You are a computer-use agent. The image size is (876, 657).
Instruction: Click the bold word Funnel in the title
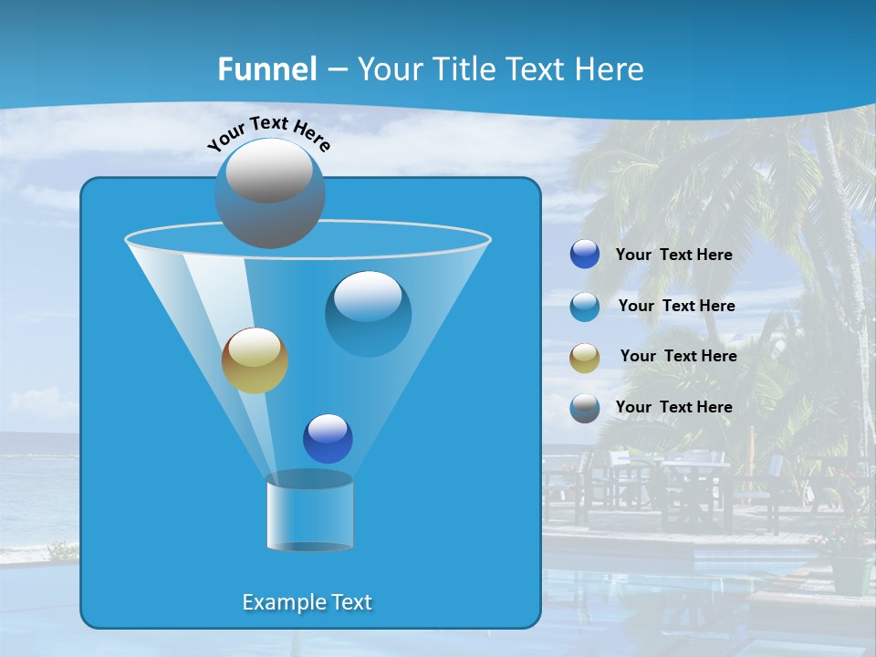tap(266, 69)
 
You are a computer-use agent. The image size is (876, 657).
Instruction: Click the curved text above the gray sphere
tap(268, 133)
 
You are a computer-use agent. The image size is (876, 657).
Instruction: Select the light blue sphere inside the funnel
tap(368, 314)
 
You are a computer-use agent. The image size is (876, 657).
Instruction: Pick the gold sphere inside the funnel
tap(255, 360)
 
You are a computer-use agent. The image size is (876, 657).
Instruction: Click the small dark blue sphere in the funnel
tap(328, 439)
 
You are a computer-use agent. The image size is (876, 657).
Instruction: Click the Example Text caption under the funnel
tap(308, 602)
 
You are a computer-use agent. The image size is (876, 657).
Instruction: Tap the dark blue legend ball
tap(585, 255)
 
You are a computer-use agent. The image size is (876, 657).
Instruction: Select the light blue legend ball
tap(585, 307)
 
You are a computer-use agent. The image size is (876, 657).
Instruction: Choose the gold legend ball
tap(585, 357)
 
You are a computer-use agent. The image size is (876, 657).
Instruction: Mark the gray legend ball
tap(585, 408)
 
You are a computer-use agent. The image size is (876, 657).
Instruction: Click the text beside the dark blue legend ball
tap(674, 255)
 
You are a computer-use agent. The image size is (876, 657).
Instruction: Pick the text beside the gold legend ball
tap(679, 357)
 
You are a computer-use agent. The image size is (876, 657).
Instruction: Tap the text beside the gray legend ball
tap(674, 407)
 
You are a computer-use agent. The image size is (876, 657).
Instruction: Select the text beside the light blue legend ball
tap(677, 307)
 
